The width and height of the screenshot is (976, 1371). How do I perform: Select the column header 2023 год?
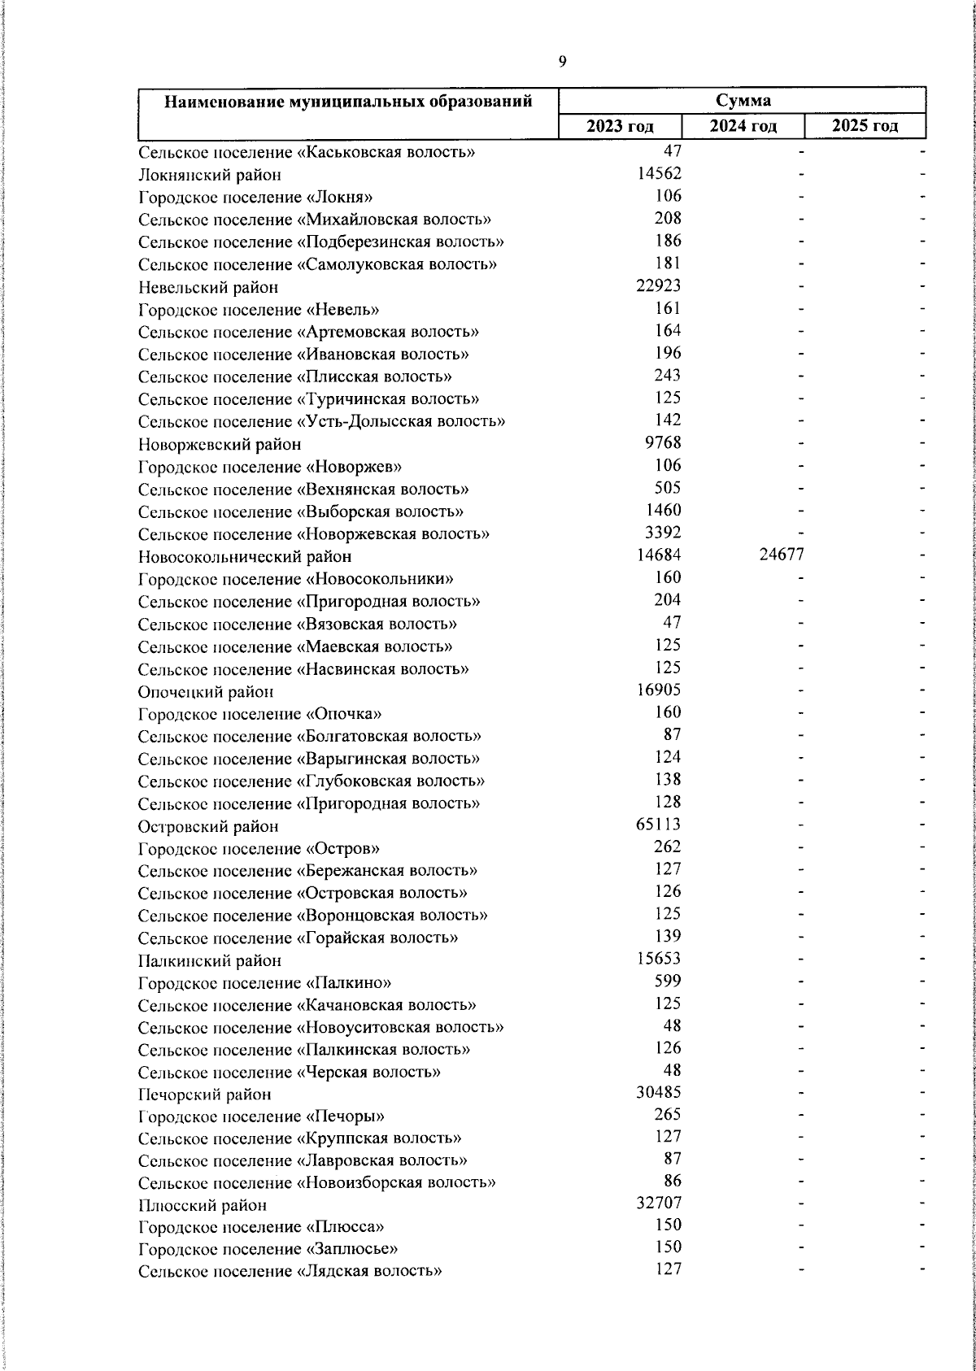[620, 126]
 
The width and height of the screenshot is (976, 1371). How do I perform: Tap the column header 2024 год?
[743, 126]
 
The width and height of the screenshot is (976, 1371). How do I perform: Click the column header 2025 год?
[865, 126]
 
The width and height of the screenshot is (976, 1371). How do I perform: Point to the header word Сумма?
[743, 101]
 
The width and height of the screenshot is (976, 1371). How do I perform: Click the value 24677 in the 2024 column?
[781, 555]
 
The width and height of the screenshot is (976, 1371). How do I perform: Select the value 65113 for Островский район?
[658, 825]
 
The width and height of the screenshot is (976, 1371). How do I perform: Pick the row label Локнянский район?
[210, 174]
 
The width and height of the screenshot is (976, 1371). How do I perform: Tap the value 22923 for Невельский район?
[658, 285]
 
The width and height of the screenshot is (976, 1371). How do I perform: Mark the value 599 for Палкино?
[668, 981]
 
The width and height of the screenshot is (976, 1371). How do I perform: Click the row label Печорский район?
[204, 1095]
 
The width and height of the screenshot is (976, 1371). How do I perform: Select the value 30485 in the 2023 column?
[658, 1093]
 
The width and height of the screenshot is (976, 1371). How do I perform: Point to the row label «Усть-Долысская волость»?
[321, 421]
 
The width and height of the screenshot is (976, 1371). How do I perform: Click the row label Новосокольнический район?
[245, 557]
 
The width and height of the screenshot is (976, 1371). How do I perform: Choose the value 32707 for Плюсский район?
[658, 1203]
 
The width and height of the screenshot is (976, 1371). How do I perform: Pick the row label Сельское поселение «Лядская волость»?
[290, 1271]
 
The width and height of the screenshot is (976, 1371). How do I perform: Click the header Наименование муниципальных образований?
[348, 102]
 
